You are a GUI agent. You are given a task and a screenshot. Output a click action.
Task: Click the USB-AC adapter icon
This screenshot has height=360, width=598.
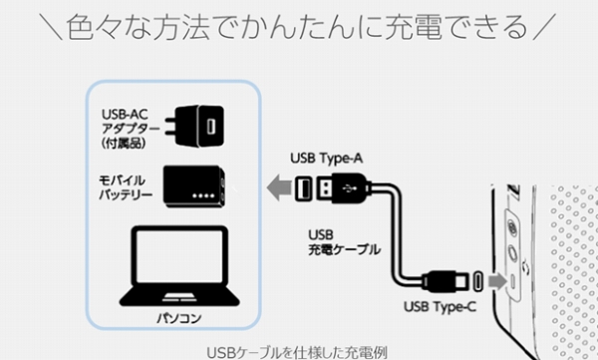(x=194, y=126)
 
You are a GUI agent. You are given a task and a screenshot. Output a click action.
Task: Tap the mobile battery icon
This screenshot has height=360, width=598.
(x=194, y=186)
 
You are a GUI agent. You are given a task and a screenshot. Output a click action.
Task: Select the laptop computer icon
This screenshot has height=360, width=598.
(x=179, y=266)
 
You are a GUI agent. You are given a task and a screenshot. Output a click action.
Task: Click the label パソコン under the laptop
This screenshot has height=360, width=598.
(x=179, y=318)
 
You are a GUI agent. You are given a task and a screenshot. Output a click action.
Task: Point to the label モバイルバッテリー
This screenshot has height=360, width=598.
(x=126, y=187)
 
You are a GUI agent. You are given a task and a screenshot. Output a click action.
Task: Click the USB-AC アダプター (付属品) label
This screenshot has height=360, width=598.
(x=130, y=129)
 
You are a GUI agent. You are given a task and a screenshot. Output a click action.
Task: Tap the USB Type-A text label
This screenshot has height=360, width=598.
(x=327, y=158)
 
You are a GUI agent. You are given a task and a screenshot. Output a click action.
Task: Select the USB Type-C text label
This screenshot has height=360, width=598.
(x=441, y=306)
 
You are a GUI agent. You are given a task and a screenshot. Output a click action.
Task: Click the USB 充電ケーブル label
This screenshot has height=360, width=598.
(x=344, y=242)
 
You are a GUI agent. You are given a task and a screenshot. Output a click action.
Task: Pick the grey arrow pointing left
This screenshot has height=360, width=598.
(x=279, y=187)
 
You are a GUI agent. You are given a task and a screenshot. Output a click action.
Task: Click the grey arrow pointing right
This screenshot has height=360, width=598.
(x=498, y=282)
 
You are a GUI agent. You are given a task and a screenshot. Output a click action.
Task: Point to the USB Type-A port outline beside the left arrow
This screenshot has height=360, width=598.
(x=304, y=188)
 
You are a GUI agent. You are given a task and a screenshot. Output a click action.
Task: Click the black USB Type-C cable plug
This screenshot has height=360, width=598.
(x=446, y=282)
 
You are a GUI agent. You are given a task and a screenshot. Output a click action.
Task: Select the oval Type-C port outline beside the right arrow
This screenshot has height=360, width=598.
(x=477, y=282)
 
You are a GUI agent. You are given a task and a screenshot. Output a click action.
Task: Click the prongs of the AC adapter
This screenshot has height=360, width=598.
(x=170, y=126)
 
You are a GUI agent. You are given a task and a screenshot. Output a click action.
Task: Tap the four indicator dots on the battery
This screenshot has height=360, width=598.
(x=203, y=195)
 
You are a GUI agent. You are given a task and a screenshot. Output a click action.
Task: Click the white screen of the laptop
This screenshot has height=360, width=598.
(x=179, y=256)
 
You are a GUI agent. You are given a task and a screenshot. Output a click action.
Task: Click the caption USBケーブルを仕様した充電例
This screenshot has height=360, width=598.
(x=297, y=352)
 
